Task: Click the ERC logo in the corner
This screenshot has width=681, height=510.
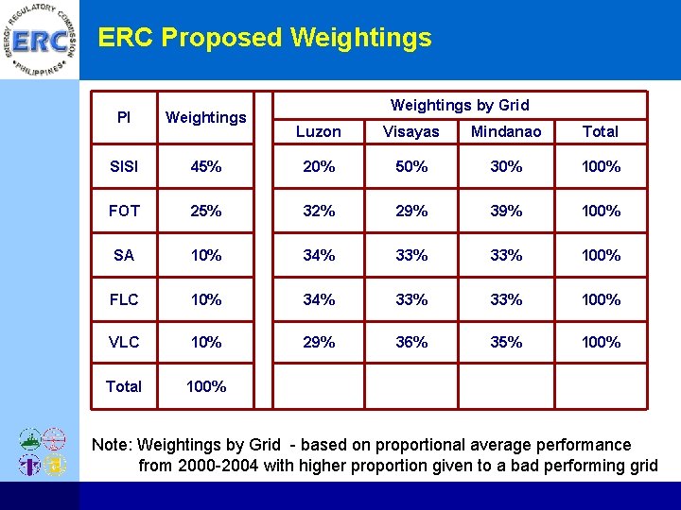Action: [x=40, y=41]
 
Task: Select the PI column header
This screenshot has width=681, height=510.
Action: [x=124, y=117]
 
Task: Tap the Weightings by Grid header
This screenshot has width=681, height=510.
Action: [x=460, y=105]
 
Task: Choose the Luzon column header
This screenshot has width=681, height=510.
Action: [x=318, y=131]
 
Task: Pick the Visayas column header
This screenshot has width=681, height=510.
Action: [x=411, y=131]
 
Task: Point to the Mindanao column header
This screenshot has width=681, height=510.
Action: [x=506, y=131]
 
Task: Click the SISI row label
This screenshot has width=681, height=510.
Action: [x=124, y=167]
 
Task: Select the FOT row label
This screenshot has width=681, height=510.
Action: [x=124, y=211]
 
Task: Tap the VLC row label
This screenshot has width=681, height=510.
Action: [x=124, y=342]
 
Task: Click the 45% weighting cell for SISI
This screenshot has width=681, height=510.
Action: [x=206, y=167]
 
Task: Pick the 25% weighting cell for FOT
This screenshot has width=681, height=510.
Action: [x=206, y=211]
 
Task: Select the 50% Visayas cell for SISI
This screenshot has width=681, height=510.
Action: [x=411, y=167]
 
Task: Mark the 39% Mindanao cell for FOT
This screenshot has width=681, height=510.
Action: [x=506, y=211]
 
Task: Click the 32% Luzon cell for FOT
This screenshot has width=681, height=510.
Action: [x=318, y=211]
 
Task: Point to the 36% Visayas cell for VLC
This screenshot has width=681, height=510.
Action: [x=411, y=342]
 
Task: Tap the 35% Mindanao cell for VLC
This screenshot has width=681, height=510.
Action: [x=506, y=342]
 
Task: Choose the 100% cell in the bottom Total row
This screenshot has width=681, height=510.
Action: [x=206, y=386]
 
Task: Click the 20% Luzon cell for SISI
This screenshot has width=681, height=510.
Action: [x=318, y=167]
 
